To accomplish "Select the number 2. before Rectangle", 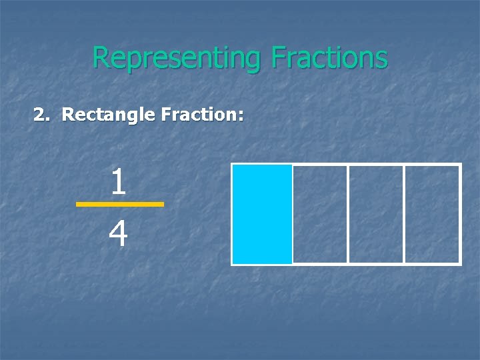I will coord(41,115).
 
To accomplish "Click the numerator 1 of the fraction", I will coord(119,183).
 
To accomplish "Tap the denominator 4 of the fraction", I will coord(118,235).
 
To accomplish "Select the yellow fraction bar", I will coord(119,204).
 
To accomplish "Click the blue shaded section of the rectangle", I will coord(262,214).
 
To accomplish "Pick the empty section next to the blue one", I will coord(320,214).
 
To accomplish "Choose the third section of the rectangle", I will coord(376,214).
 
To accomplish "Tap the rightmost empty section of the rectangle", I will coord(432,214).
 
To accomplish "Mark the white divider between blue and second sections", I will coord(293,214).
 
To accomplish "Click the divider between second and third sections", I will coord(348,214).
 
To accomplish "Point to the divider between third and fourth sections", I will coord(404,214).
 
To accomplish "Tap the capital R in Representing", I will coord(99,58).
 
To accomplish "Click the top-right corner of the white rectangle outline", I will coord(460,165).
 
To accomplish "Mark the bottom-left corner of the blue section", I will coord(233,263).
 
